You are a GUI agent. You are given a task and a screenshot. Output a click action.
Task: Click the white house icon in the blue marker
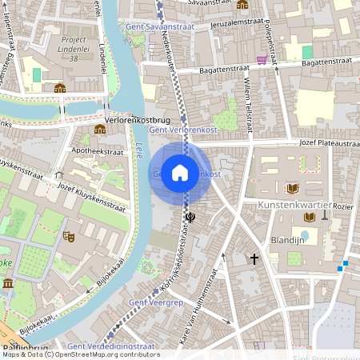(180, 173)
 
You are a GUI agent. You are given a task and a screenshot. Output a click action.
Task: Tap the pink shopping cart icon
(262, 59)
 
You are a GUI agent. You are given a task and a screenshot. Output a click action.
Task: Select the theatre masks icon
(69, 237)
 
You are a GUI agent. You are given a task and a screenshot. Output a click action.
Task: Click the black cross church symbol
(254, 258)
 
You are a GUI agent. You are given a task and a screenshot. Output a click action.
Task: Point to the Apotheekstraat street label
(99, 150)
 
